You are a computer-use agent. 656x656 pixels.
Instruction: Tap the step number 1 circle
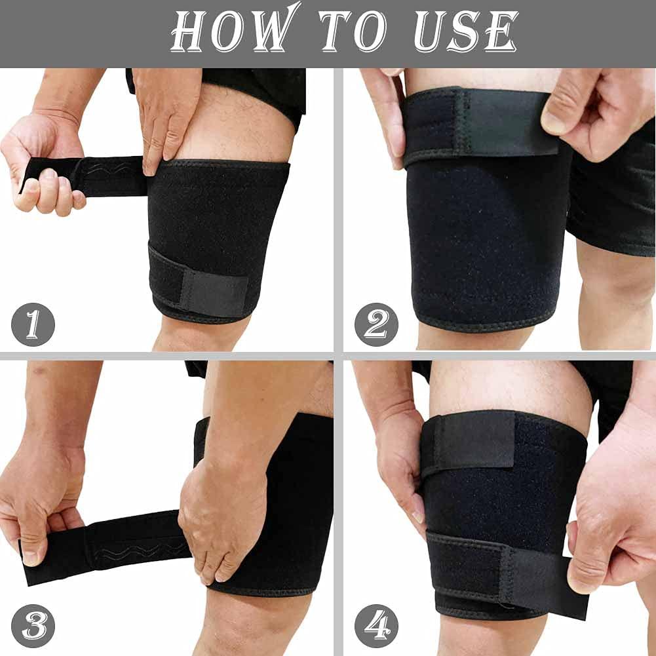pos(33,324)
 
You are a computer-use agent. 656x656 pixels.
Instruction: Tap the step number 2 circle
pos(376,324)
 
